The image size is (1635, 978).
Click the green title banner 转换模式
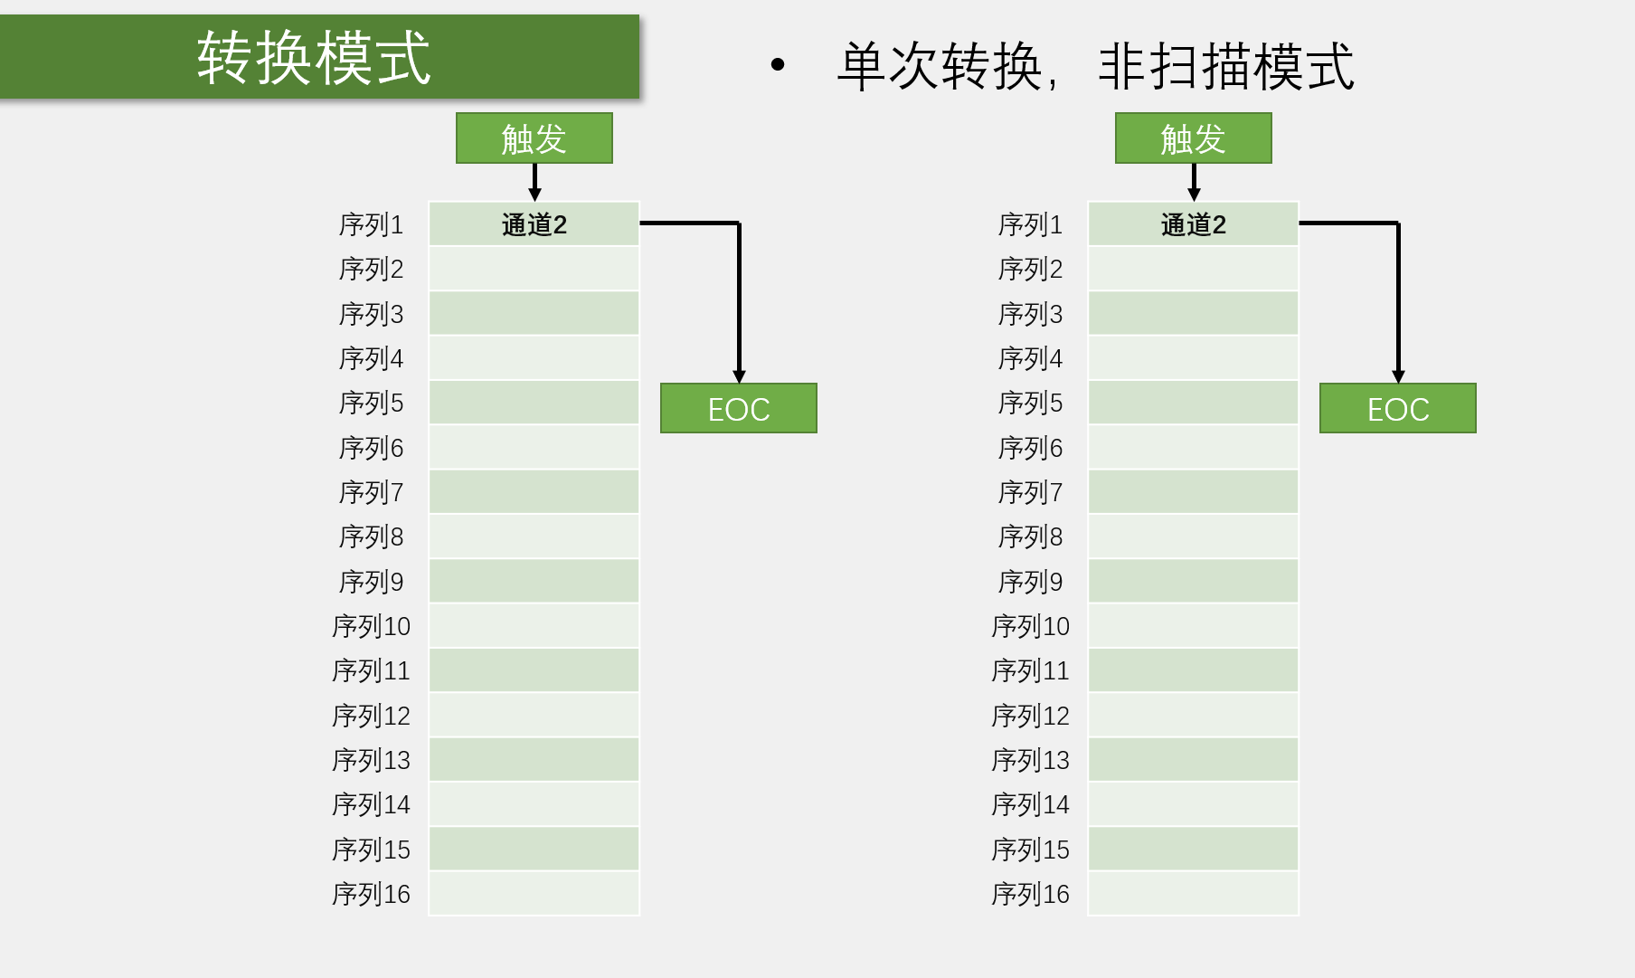point(318,57)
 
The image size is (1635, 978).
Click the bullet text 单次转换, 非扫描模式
point(1094,66)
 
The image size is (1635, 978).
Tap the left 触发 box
point(534,138)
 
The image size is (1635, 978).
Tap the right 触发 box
point(1193,138)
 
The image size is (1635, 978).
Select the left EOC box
point(738,409)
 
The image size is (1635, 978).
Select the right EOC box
point(1397,409)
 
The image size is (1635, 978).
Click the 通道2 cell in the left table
point(534,224)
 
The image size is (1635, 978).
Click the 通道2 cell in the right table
point(1193,224)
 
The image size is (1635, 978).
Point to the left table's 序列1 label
point(371,224)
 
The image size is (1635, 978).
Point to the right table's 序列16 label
point(1030,894)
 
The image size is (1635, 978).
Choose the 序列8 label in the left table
point(371,536)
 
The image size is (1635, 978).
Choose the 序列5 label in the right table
point(1030,403)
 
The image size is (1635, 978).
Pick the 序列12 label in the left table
point(371,716)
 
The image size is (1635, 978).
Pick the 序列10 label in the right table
point(1030,626)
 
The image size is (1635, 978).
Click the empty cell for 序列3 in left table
point(534,313)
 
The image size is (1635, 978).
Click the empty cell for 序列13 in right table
point(1193,760)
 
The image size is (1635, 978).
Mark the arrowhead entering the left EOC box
point(739,376)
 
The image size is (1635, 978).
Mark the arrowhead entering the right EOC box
point(1398,376)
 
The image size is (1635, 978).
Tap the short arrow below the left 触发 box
point(534,183)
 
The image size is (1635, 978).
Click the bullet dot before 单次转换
point(778,64)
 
